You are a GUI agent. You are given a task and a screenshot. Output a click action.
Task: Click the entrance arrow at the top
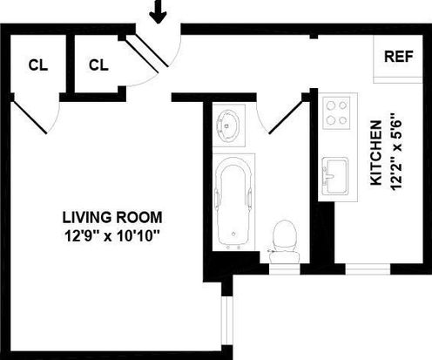158,11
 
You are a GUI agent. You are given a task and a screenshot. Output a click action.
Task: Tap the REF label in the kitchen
398,57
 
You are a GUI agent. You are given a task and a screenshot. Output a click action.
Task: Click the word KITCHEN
376,153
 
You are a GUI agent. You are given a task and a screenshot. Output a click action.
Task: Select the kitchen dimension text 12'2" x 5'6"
396,151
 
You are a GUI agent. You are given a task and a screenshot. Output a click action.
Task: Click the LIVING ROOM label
112,217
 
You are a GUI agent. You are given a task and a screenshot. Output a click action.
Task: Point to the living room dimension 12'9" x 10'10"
112,235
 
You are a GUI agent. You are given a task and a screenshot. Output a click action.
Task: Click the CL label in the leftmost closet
38,65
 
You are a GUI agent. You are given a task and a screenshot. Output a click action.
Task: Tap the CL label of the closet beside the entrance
98,65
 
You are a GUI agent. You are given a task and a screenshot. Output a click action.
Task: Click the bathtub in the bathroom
233,201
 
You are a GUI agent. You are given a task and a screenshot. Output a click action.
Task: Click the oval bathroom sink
228,126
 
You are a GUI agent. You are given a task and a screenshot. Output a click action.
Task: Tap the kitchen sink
335,176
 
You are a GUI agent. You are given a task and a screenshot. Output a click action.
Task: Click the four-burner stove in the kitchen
337,112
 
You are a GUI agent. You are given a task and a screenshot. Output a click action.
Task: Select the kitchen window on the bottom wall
368,269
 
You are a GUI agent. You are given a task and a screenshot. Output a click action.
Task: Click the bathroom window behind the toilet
284,269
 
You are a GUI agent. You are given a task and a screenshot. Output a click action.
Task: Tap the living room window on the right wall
227,321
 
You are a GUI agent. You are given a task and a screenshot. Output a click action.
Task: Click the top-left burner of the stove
330,105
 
